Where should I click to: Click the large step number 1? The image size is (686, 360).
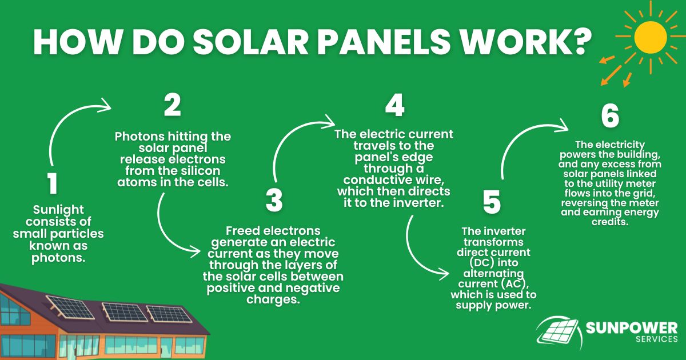click(x=52, y=185)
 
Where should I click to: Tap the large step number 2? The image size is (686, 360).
click(x=172, y=106)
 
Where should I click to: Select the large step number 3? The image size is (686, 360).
click(x=274, y=200)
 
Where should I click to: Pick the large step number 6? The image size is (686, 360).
click(x=610, y=117)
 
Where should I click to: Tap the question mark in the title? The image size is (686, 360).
click(x=579, y=41)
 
